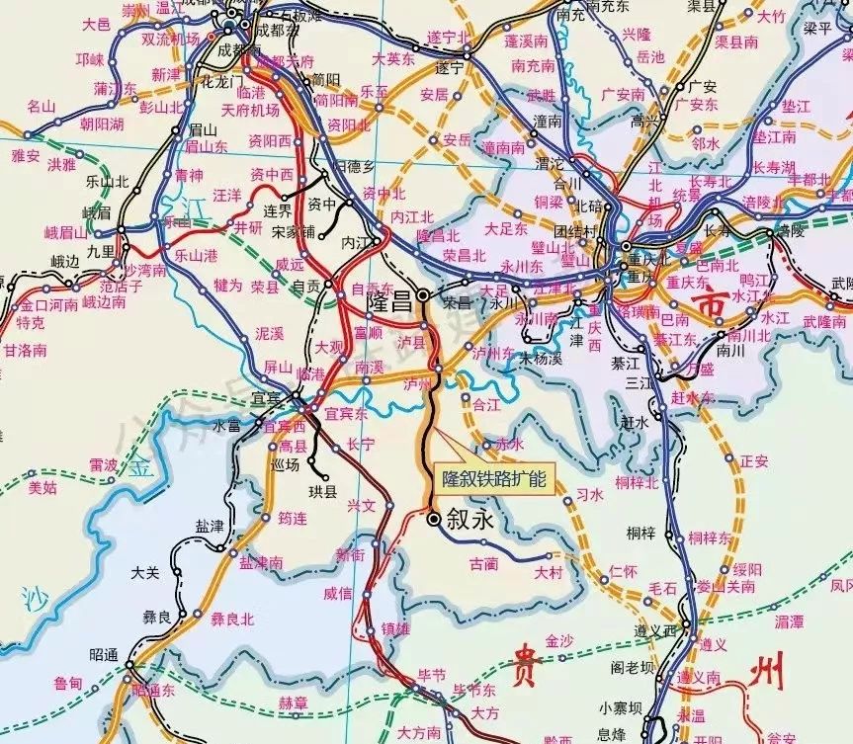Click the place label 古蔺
(484, 563)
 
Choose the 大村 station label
(548, 572)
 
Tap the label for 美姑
(42, 487)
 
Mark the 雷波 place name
(103, 463)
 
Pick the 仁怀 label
(624, 571)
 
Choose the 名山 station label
(42, 106)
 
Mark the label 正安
(754, 460)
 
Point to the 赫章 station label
(293, 703)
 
